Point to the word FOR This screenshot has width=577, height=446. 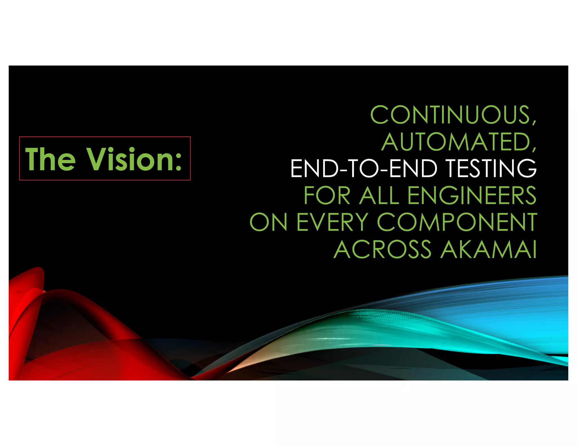(327, 195)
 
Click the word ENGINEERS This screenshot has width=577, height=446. (472, 195)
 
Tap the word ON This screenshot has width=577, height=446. (268, 222)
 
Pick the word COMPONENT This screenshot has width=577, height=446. (457, 222)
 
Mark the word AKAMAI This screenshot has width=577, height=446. (489, 249)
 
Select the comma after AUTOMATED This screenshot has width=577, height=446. (534, 149)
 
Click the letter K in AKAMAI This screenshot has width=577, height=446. (465, 249)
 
